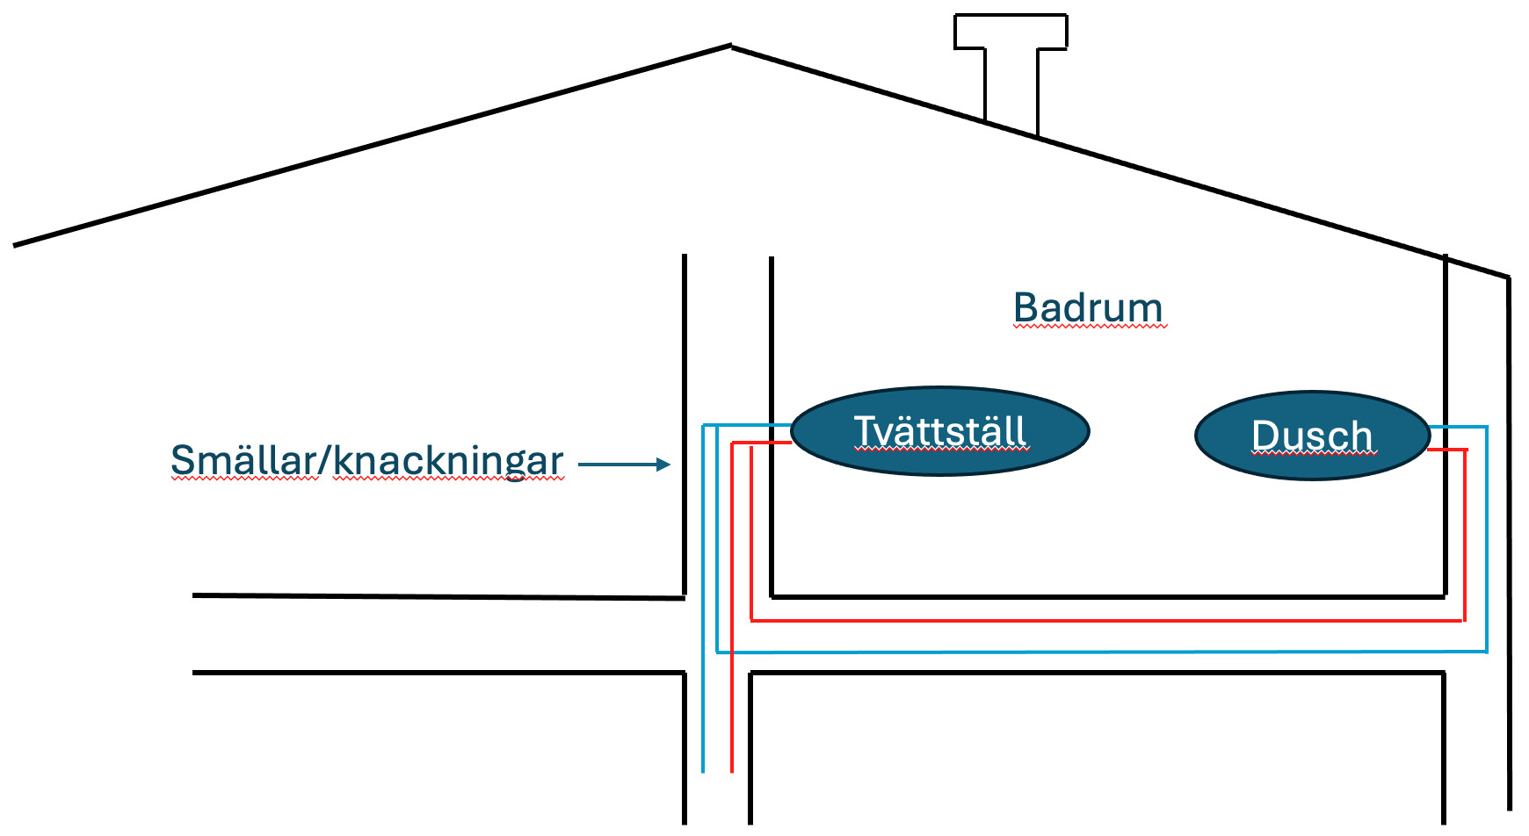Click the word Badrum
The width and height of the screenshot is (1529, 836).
pos(1088,308)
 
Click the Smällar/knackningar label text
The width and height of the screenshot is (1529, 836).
pos(366,460)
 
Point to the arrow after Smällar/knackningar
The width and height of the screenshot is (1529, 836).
pos(624,465)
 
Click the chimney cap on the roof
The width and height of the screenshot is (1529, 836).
pos(1011,32)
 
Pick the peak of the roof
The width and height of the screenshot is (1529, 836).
pos(730,46)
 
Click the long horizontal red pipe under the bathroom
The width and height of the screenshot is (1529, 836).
pos(1107,621)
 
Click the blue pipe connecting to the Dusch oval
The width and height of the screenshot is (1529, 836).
pos(1459,428)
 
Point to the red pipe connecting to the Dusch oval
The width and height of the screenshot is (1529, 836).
pos(1447,450)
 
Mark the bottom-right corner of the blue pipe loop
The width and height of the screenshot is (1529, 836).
pos(1486,651)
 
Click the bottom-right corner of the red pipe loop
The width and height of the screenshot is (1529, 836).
pos(1463,620)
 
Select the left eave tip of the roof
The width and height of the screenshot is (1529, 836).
pos(15,245)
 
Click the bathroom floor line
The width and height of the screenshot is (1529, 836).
pos(1107,597)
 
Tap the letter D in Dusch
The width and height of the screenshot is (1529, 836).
pos(1265,436)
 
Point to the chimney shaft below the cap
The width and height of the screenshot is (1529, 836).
pos(1011,88)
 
